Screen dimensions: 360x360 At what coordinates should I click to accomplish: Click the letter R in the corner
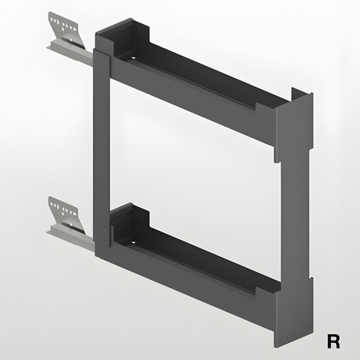tap(334, 341)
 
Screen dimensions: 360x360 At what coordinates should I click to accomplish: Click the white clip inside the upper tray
tap(133, 58)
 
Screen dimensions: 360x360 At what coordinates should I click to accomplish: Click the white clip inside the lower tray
tap(133, 241)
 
